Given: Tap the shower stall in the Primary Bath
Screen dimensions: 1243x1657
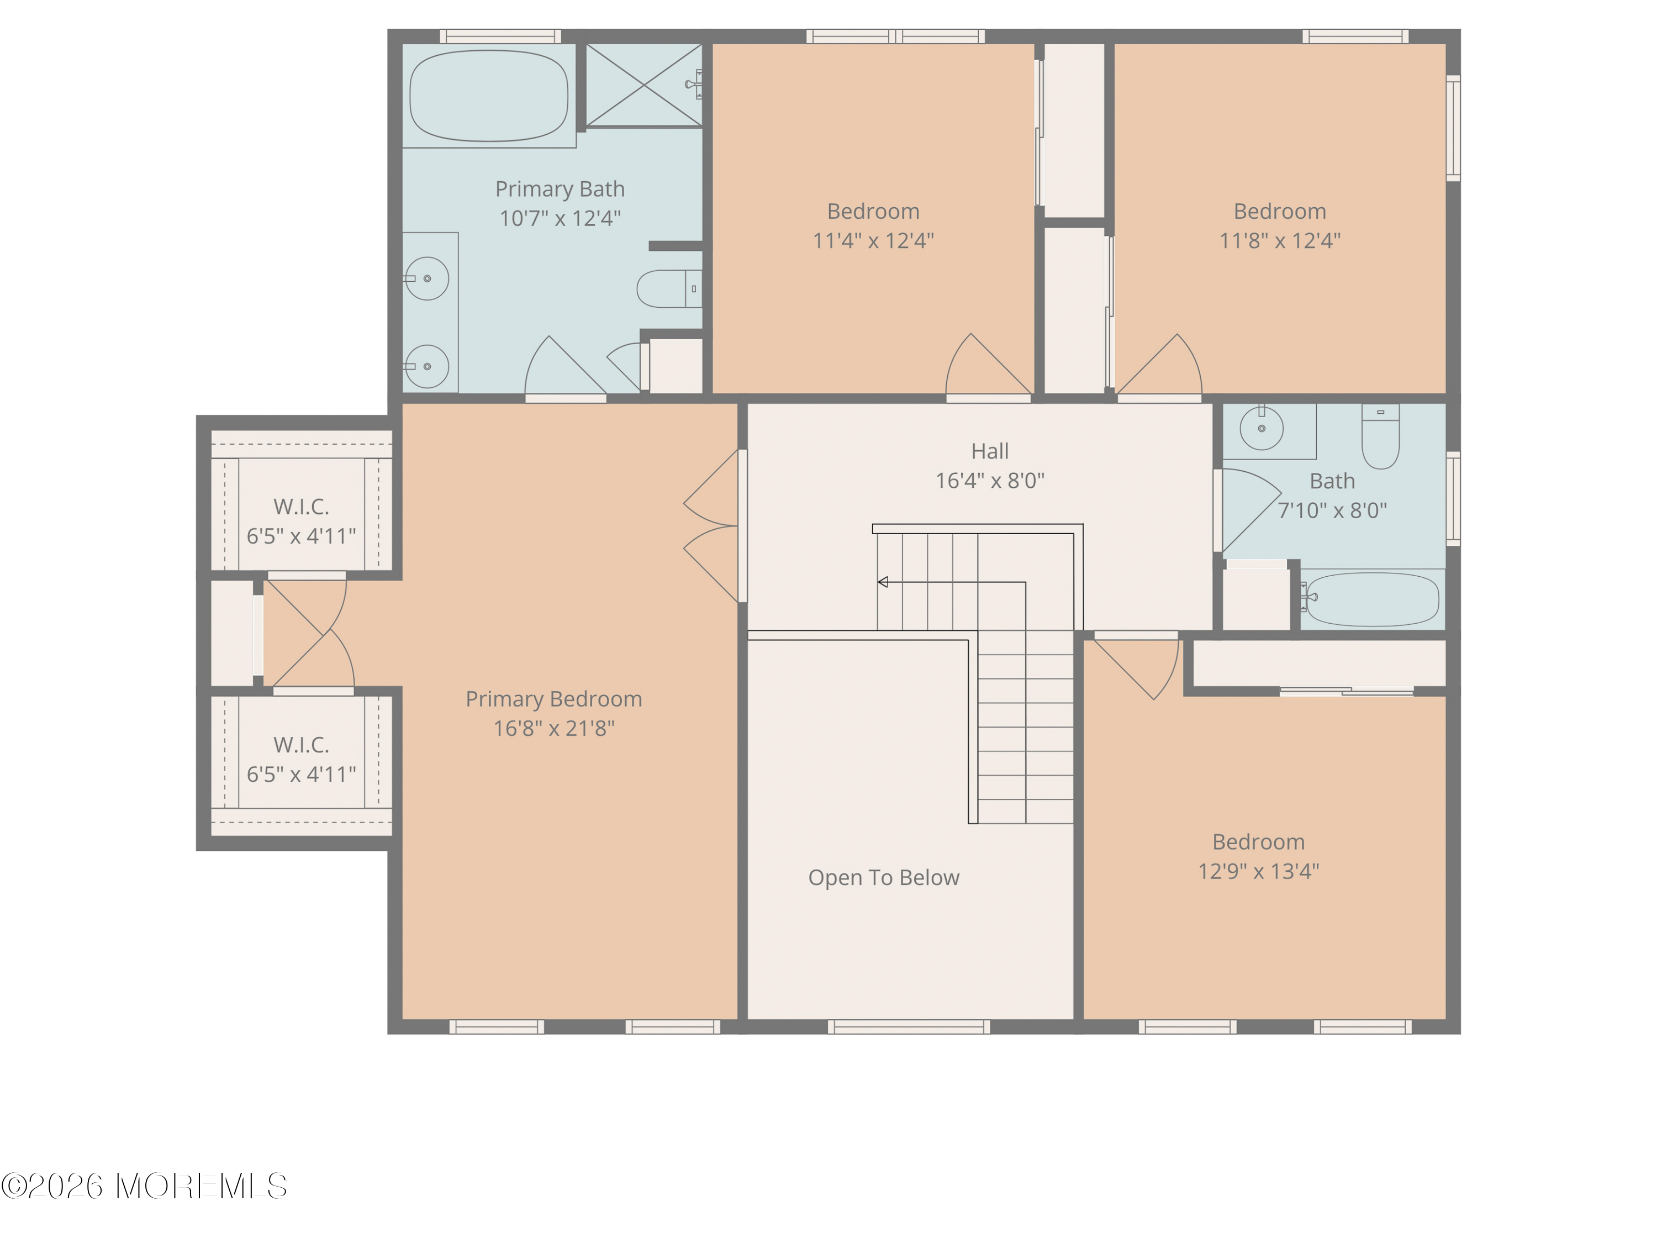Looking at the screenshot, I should click(x=643, y=85).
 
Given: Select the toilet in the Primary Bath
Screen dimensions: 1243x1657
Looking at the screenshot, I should click(x=667, y=288).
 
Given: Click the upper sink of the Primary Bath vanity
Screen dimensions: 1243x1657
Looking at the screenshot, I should click(x=427, y=279).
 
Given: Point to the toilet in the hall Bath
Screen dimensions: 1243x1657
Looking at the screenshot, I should click(x=1380, y=438).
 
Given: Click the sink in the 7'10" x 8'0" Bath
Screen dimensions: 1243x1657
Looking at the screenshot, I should click(x=1262, y=429).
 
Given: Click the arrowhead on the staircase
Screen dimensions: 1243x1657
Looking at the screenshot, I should click(x=883, y=582).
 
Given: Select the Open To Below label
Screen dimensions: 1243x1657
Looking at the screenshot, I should click(x=883, y=877).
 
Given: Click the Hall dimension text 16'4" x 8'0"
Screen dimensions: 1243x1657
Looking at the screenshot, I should click(x=990, y=480).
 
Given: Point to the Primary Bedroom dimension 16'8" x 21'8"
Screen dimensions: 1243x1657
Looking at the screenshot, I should click(x=553, y=728).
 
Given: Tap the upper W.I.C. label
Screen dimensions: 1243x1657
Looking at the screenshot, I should click(x=301, y=507).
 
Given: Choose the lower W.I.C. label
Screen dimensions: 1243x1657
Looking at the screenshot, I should click(x=301, y=745).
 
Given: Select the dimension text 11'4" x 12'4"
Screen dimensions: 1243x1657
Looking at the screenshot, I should click(x=873, y=240).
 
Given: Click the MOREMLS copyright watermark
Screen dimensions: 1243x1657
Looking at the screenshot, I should click(x=144, y=1186).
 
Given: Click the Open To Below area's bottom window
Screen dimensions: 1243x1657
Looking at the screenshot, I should click(x=909, y=1026).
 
